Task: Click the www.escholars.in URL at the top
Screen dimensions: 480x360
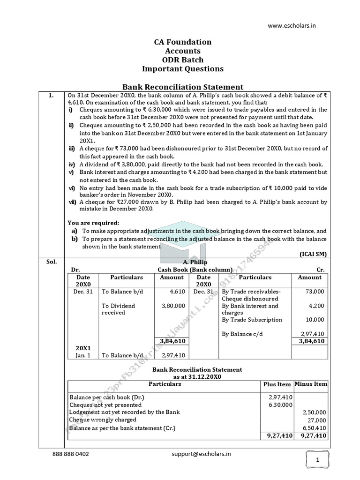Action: tap(292, 26)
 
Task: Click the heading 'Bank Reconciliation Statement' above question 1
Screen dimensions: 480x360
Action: tap(183, 87)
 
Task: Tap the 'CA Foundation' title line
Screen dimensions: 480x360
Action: tap(183, 42)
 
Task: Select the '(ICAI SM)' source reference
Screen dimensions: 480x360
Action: tap(313, 254)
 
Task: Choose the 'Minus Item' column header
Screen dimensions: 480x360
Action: tap(311, 384)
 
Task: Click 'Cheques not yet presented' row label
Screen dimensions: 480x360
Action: tap(105, 405)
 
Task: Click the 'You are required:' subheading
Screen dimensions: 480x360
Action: tap(93, 223)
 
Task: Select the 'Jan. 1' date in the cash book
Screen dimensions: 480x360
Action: tap(83, 355)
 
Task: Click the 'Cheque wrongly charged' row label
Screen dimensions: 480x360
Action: tap(102, 420)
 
